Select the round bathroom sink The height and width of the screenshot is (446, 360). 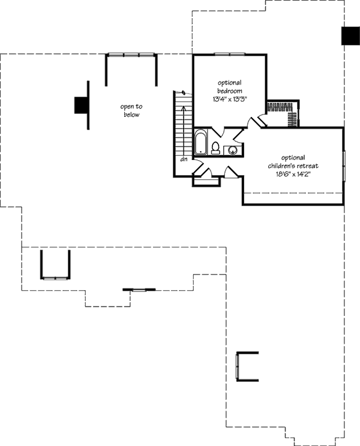[232, 150]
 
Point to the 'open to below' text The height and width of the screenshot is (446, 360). [131, 110]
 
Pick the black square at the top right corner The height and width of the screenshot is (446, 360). [350, 36]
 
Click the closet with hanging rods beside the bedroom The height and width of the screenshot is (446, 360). [282, 112]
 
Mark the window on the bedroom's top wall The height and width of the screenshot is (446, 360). [229, 55]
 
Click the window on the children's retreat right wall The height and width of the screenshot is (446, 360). [344, 164]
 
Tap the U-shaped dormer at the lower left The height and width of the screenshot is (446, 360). [55, 265]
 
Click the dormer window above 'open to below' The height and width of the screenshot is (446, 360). [131, 55]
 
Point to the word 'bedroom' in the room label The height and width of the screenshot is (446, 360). [230, 91]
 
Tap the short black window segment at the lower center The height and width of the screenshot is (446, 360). [139, 290]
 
